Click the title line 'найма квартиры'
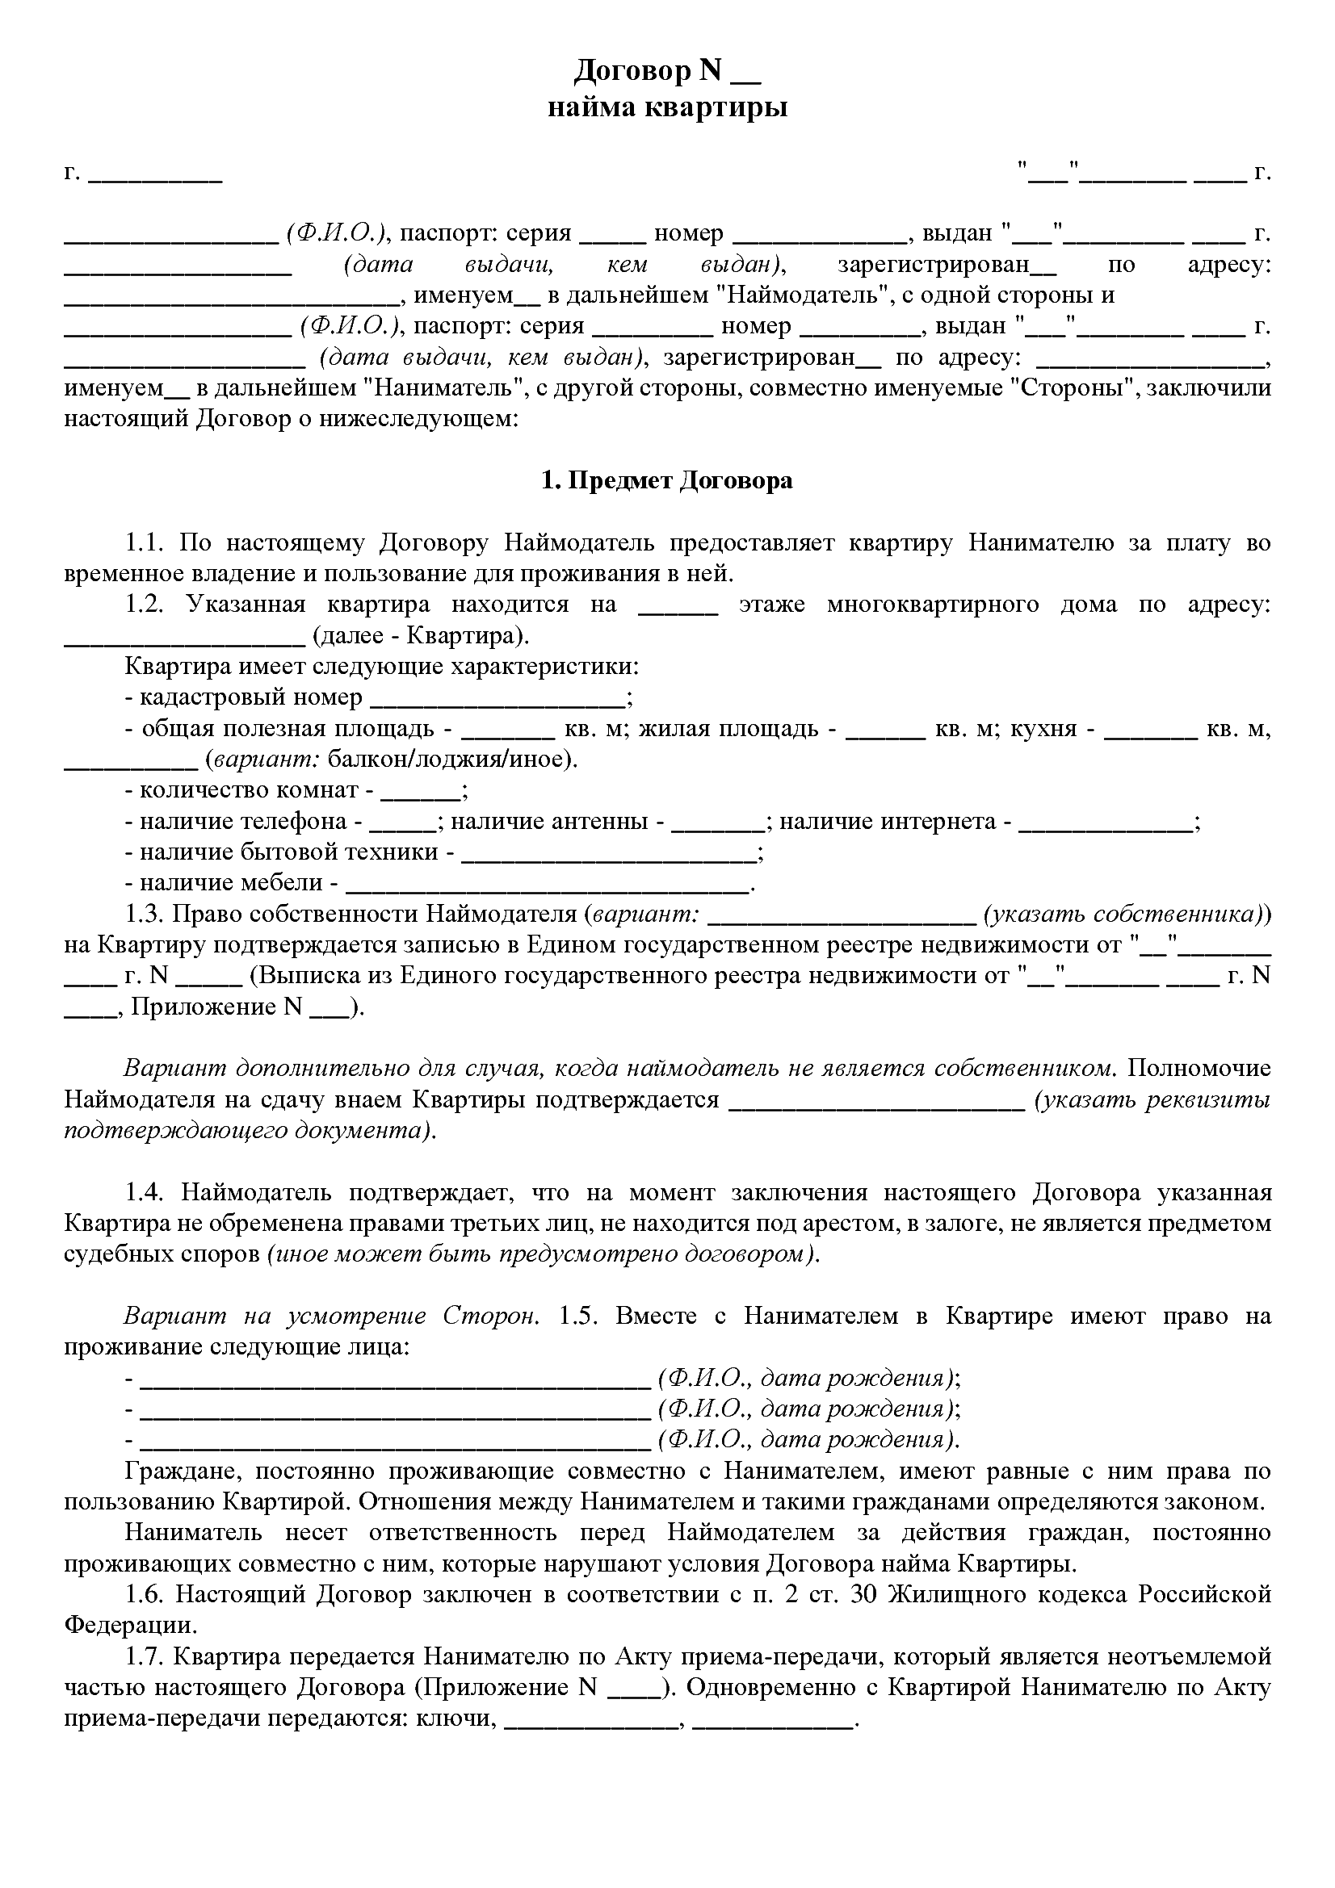(667, 107)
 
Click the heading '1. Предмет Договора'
(667, 480)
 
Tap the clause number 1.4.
(146, 1192)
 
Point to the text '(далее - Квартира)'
(421, 635)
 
